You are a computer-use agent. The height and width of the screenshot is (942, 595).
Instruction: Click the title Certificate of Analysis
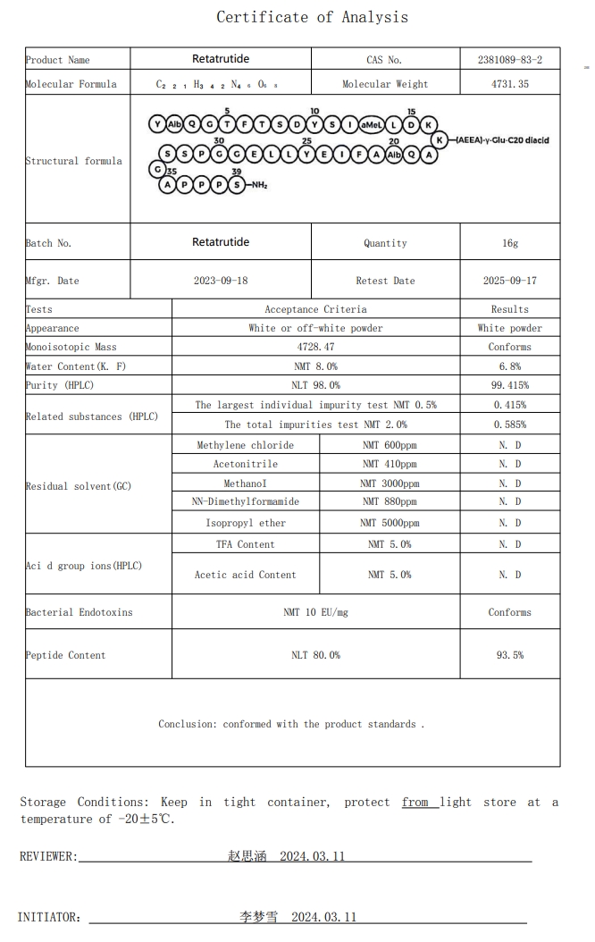coord(312,17)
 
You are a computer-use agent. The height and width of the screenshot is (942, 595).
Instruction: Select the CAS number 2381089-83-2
coord(510,60)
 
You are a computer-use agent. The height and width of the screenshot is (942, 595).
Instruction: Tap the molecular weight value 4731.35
coord(510,84)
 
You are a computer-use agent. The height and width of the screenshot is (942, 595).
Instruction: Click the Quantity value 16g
coord(510,243)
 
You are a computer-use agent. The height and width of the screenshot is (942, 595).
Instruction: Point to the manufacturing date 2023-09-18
coord(221,281)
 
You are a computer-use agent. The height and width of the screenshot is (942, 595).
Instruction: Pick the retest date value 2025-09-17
coord(510,281)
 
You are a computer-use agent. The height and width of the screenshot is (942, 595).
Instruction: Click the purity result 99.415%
coord(510,385)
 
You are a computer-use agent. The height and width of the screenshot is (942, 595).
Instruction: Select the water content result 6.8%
coord(510,366)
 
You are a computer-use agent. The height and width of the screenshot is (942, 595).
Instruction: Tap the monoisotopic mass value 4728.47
coord(315,347)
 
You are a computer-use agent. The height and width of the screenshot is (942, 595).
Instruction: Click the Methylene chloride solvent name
coord(246,445)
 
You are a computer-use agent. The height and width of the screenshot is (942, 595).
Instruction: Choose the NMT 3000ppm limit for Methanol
coord(390,484)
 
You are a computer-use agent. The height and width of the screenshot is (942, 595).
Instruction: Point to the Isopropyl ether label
coord(246,523)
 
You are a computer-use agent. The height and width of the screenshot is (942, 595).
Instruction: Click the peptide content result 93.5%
coord(510,655)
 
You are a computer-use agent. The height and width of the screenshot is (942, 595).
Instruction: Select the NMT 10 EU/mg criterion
coord(315,612)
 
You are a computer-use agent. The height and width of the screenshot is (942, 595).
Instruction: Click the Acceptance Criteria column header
coord(315,309)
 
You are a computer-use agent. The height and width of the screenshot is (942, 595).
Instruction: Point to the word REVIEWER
coord(48,856)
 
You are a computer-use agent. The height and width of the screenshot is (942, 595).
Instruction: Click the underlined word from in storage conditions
coord(415,803)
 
